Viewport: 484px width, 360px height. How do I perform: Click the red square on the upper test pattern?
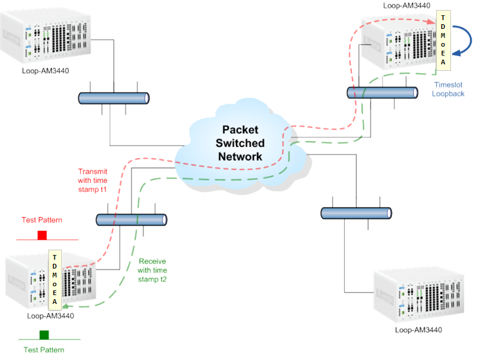click(42, 235)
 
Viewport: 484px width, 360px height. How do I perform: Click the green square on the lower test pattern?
click(44, 335)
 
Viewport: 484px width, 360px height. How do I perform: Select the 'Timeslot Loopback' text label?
click(448, 89)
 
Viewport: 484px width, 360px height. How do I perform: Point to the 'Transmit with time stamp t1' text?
click(93, 181)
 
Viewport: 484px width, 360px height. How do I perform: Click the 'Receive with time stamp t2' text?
click(152, 270)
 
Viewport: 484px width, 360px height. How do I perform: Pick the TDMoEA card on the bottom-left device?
click(54, 280)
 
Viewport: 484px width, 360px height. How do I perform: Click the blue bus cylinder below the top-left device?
click(113, 98)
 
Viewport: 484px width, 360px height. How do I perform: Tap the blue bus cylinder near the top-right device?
click(383, 93)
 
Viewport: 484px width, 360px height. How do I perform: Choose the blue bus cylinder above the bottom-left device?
click(131, 220)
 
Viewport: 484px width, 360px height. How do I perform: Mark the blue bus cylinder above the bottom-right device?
click(356, 212)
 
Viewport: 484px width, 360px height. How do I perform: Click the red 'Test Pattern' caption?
click(42, 220)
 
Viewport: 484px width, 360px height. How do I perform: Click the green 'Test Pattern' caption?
click(44, 350)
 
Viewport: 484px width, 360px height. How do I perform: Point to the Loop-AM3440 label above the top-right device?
click(407, 5)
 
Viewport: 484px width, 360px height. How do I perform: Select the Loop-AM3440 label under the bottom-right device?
click(418, 330)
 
